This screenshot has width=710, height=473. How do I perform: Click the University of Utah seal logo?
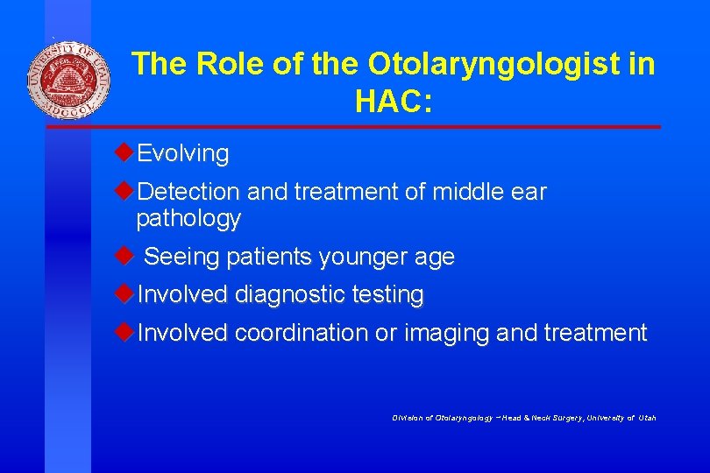(69, 81)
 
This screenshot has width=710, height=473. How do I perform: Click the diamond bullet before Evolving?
(124, 152)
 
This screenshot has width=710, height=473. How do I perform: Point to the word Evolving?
(183, 154)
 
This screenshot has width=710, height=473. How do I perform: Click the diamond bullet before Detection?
(124, 190)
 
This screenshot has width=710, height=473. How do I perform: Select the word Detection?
(188, 192)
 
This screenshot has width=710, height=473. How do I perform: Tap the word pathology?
(188, 219)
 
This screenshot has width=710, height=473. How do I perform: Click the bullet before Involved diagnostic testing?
(124, 293)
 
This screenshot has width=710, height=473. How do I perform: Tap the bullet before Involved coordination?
(124, 332)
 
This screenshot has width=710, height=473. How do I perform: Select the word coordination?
(302, 334)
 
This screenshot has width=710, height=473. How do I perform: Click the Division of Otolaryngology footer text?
(524, 418)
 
